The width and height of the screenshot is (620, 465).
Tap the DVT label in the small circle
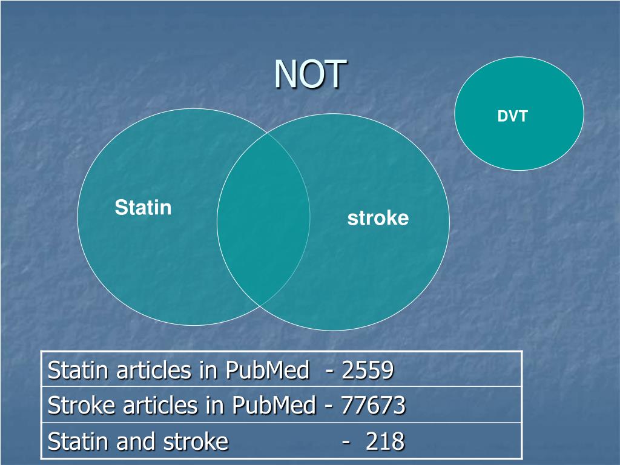coord(512,117)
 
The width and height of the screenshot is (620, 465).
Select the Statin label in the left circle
coord(143,208)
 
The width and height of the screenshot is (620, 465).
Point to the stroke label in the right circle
coord(378,219)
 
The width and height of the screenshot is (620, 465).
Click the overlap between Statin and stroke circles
coord(263,218)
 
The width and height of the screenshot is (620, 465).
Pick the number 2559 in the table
coord(368,370)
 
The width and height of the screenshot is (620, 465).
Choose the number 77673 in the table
coord(373,406)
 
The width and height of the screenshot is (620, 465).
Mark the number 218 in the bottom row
coord(384,441)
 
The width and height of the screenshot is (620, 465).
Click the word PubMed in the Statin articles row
coord(267,370)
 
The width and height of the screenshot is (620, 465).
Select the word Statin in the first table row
coord(70,370)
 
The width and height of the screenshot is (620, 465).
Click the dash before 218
coord(346,441)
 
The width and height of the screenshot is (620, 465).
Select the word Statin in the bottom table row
coord(70,441)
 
